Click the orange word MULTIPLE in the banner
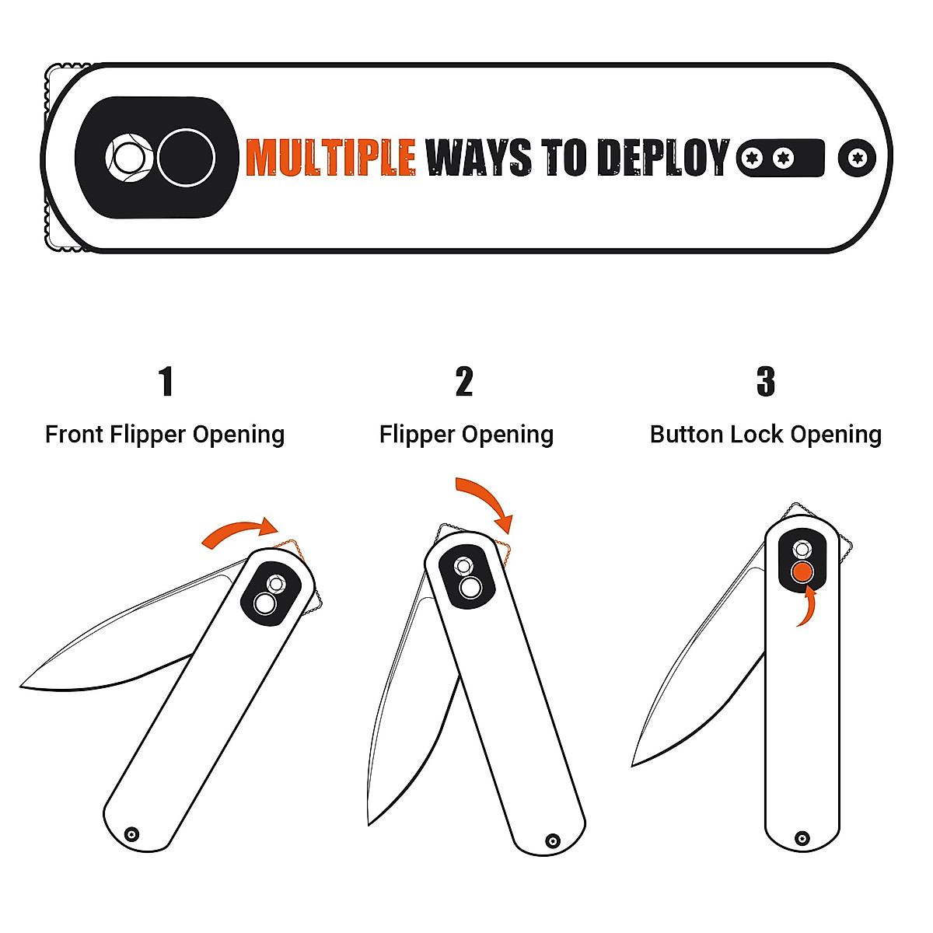point(330,158)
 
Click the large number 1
point(165,382)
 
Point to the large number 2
point(464,382)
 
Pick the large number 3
point(766,382)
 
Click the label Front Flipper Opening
point(165,434)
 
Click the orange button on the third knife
point(802,573)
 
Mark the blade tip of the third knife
point(634,765)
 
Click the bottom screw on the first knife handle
point(132,834)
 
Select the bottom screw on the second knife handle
point(553,840)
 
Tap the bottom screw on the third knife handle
point(802,838)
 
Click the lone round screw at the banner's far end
point(858,158)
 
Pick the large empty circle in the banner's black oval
point(186,157)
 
